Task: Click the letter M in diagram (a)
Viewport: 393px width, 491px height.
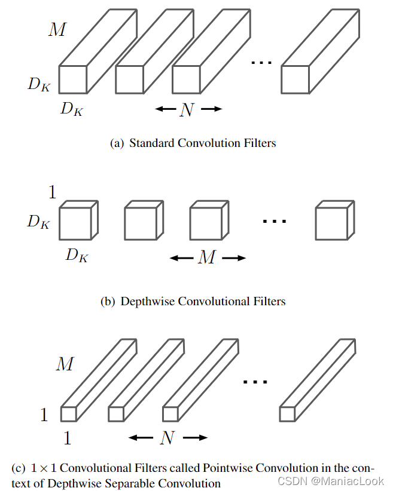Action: [x=57, y=29]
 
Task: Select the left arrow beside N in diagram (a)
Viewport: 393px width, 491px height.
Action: [x=164, y=109]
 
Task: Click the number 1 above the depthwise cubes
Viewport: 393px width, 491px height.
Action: [x=52, y=192]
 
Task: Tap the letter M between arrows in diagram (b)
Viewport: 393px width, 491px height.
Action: [x=207, y=258]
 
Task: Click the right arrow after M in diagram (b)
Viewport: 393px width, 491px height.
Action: [x=234, y=258]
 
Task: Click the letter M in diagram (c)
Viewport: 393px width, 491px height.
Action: [x=64, y=363]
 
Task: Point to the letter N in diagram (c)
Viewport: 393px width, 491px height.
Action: [x=168, y=438]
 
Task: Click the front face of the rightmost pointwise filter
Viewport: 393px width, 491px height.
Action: [x=287, y=414]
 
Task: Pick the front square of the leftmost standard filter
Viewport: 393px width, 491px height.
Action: [x=72, y=79]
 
